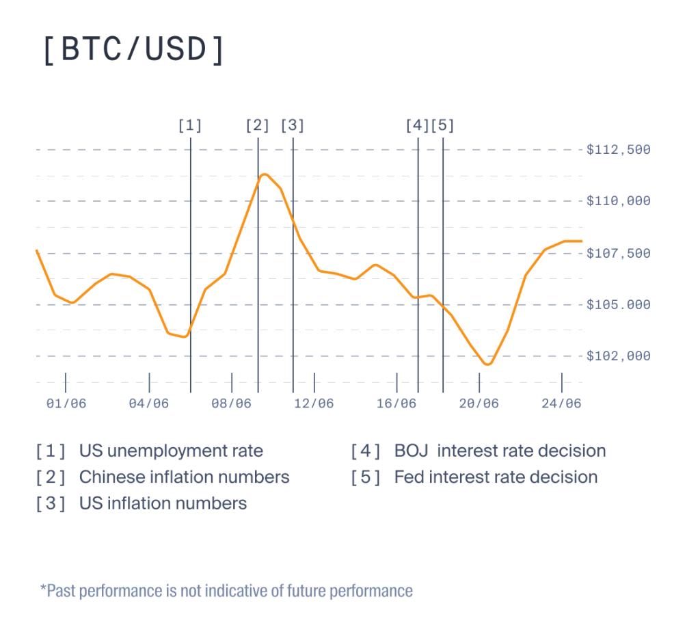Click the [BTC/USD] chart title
click(133, 49)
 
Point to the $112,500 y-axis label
click(618, 150)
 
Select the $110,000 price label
click(618, 201)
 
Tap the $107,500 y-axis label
click(618, 253)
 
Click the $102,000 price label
click(618, 356)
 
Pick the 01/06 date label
click(66, 403)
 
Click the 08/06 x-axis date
click(232, 403)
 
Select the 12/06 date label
click(314, 403)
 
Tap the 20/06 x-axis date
click(479, 403)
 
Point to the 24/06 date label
click(562, 403)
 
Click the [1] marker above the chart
click(190, 125)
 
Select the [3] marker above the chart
click(293, 125)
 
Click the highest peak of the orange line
click(265, 174)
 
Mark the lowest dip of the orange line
click(487, 364)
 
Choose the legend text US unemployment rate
click(171, 451)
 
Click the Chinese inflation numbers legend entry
click(184, 477)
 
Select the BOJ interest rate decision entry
click(500, 451)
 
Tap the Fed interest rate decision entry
click(496, 477)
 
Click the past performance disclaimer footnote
click(226, 590)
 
